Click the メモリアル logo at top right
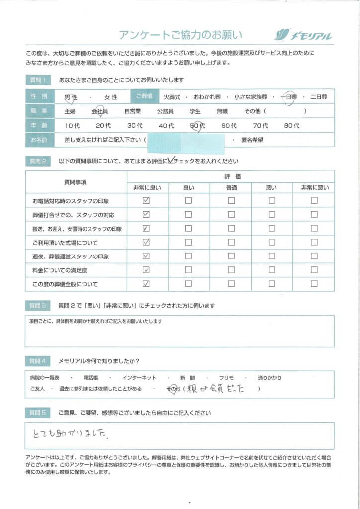click(x=303, y=35)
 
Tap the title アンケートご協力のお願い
click(x=180, y=35)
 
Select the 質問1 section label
click(x=39, y=80)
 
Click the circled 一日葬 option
click(x=288, y=97)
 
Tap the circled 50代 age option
click(x=198, y=126)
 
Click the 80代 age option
click(x=292, y=126)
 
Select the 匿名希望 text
click(x=253, y=140)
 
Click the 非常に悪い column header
click(x=314, y=188)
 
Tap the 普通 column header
click(x=231, y=188)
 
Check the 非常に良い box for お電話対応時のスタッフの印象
click(x=146, y=201)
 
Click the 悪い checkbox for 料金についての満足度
click(x=272, y=270)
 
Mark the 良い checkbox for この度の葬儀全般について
click(x=188, y=284)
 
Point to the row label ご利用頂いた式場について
click(x=65, y=243)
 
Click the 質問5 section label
click(x=39, y=413)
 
